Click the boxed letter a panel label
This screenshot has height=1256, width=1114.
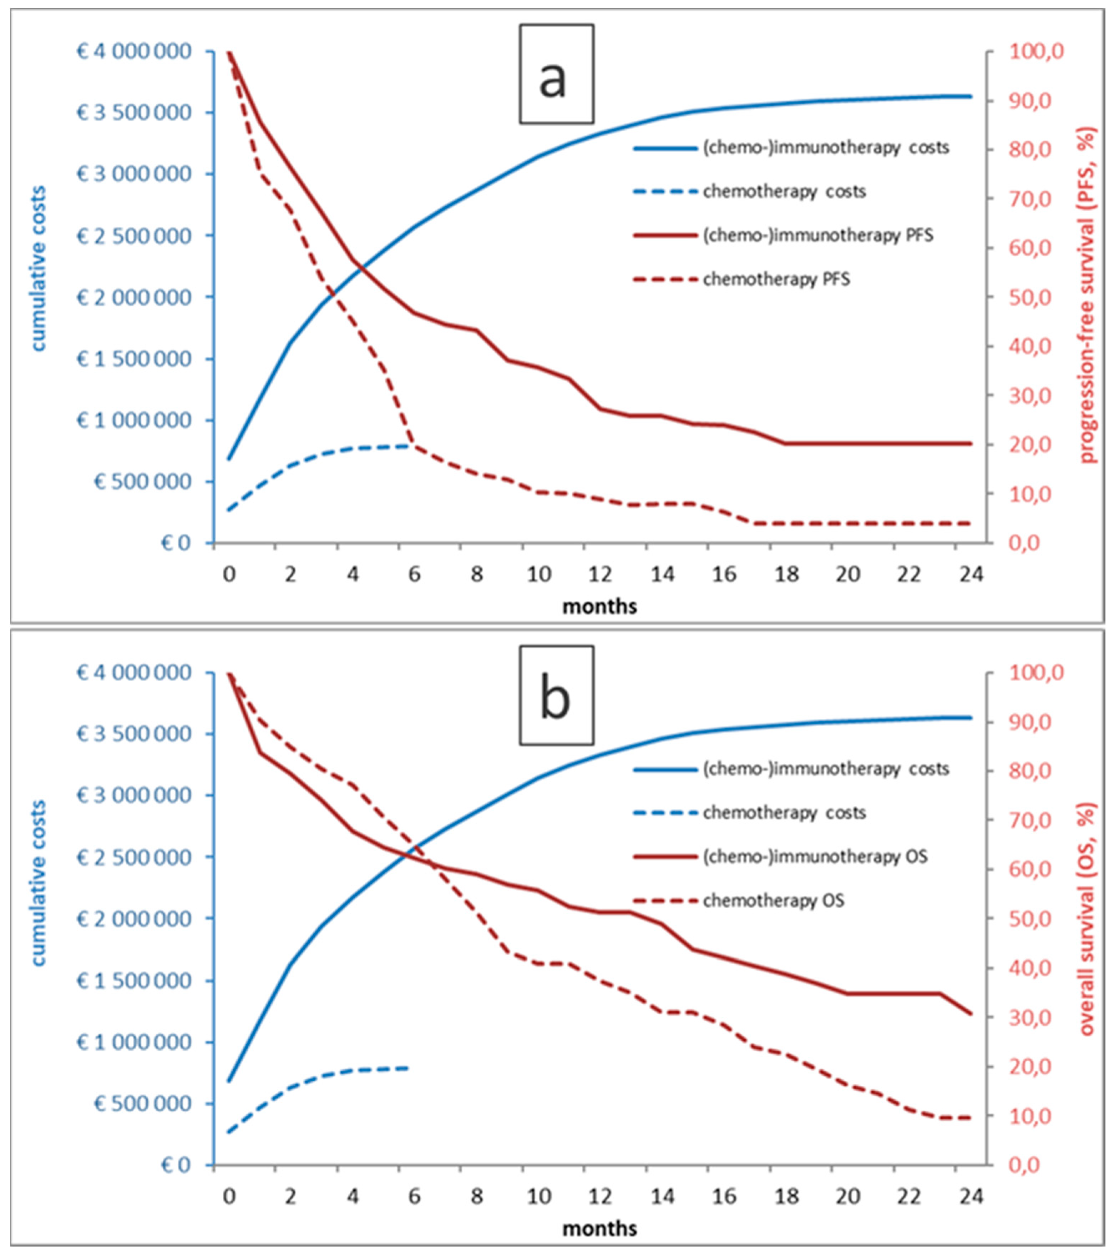(x=556, y=74)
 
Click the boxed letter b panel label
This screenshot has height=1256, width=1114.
(x=556, y=695)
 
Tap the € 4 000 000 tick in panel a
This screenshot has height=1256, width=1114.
(x=134, y=52)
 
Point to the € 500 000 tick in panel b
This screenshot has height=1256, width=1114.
(x=142, y=1104)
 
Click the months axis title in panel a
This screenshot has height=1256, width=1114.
(x=599, y=607)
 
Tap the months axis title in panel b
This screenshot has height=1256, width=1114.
(x=599, y=1229)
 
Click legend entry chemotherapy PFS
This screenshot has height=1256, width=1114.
(x=776, y=280)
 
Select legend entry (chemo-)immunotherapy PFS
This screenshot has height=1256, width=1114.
(x=817, y=235)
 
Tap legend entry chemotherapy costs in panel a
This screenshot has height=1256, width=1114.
(x=784, y=192)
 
